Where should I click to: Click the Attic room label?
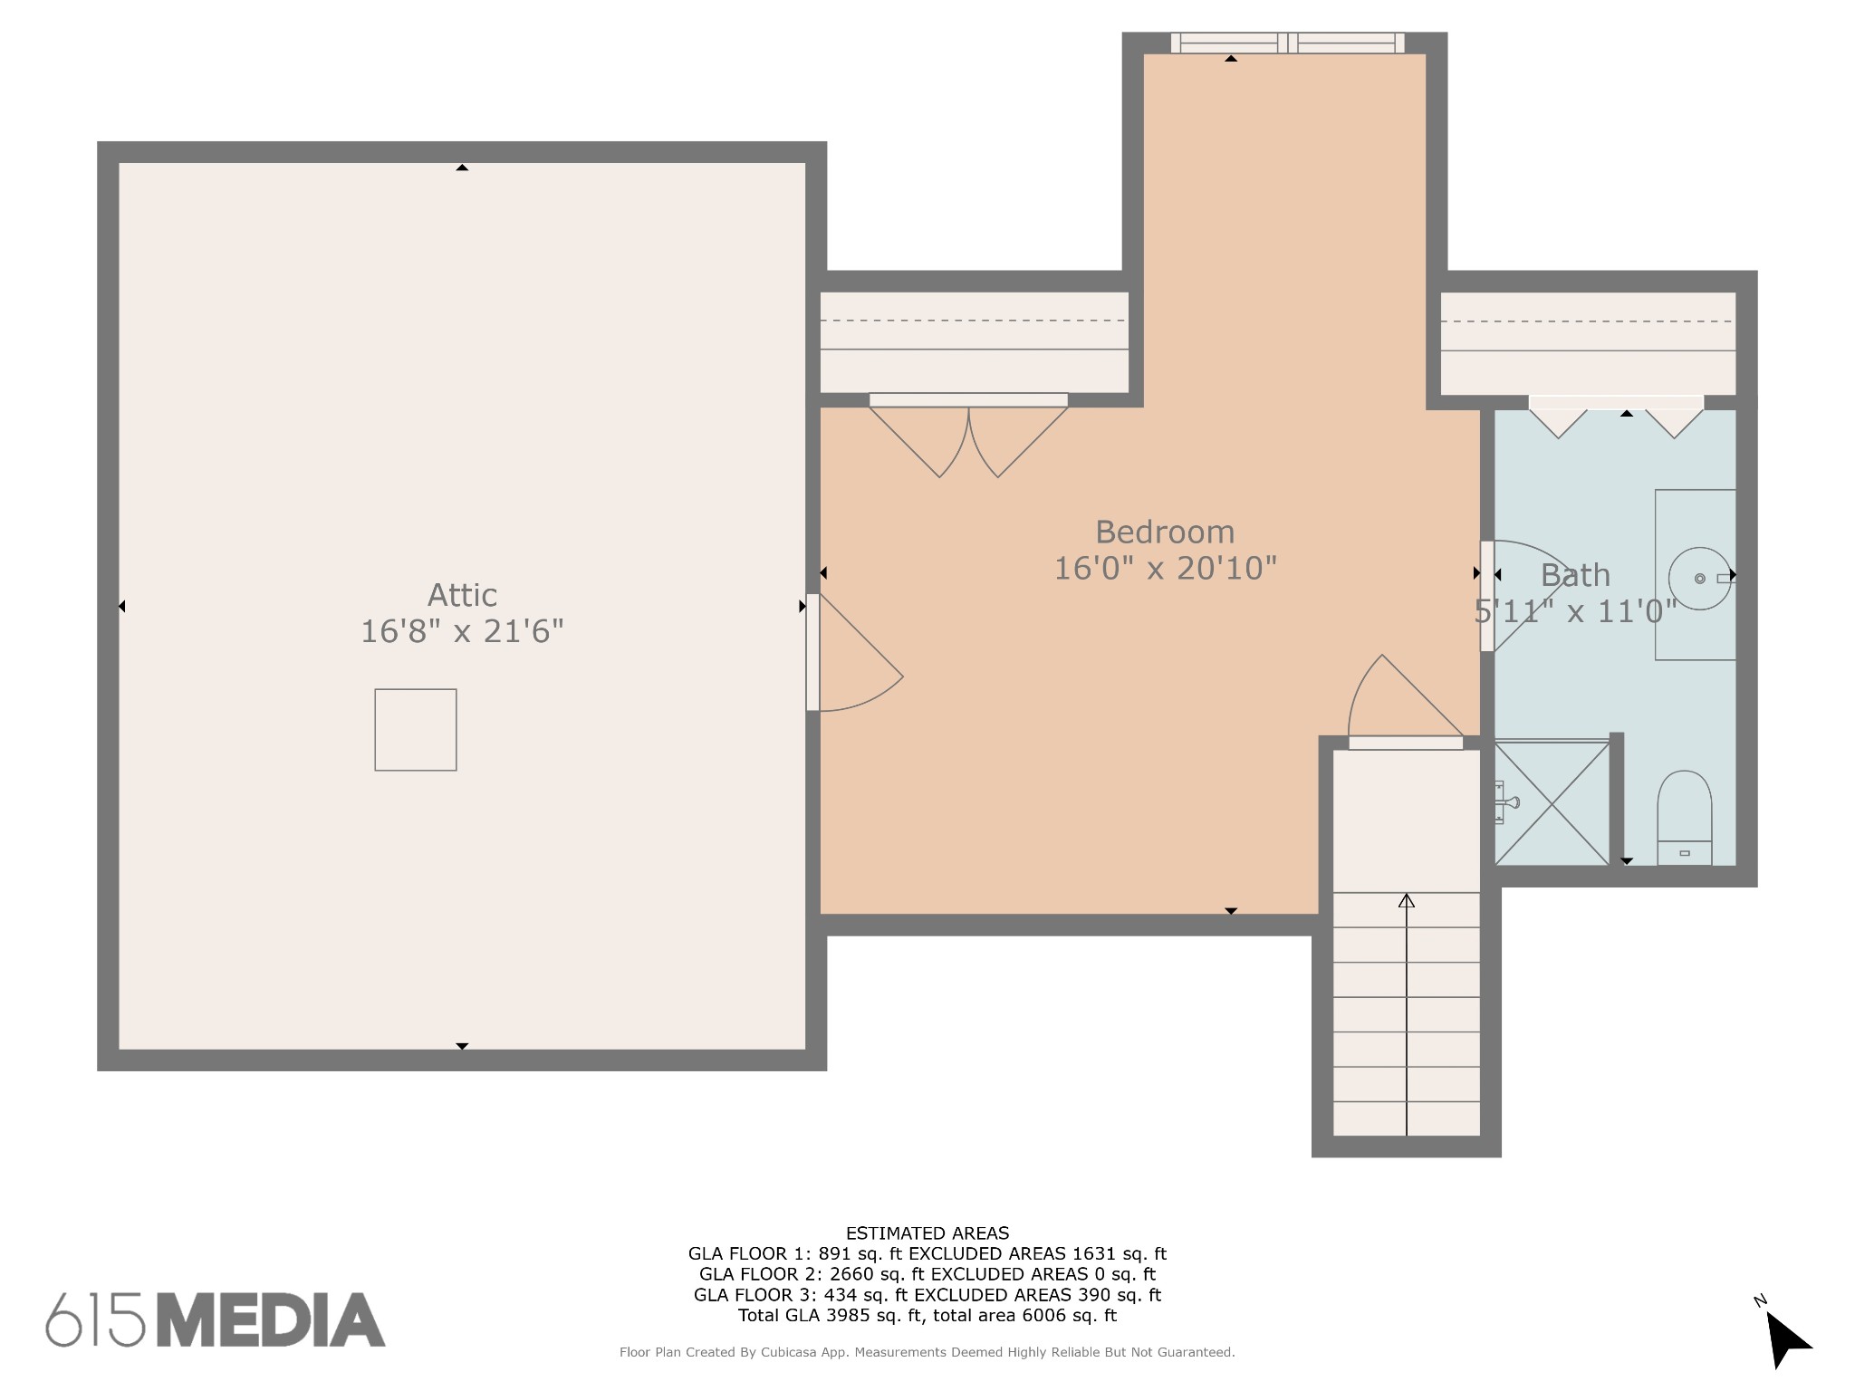(462, 595)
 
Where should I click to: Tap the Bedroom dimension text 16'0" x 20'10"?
(1165, 569)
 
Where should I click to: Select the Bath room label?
(1575, 575)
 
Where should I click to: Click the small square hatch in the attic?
(416, 730)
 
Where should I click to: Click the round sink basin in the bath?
(1700, 578)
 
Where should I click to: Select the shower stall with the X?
(1552, 803)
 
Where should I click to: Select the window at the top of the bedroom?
(1287, 43)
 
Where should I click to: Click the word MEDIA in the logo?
(272, 1319)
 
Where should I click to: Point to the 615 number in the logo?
(95, 1319)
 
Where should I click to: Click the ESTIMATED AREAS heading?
(927, 1233)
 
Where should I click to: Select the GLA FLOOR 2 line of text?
(927, 1274)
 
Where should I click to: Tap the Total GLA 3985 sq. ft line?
(927, 1315)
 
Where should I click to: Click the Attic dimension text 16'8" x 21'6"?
(462, 631)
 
